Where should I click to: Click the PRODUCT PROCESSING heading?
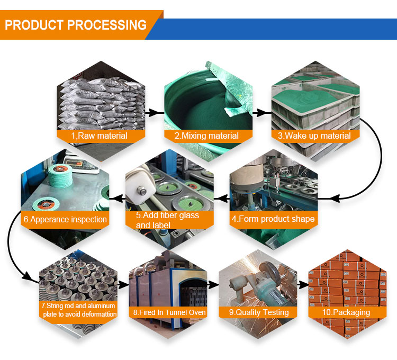click(75, 25)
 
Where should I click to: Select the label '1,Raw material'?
click(100, 136)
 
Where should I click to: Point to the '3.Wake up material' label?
click(314, 136)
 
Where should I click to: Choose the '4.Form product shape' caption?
click(273, 219)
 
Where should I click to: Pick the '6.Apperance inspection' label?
click(65, 219)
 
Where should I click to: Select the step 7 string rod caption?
click(78, 310)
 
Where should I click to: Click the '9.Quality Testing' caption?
click(259, 312)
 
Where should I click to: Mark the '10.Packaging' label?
click(347, 312)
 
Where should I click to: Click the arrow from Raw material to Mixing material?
click(154, 113)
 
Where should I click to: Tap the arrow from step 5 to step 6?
click(118, 199)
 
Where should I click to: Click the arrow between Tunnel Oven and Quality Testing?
click(213, 284)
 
